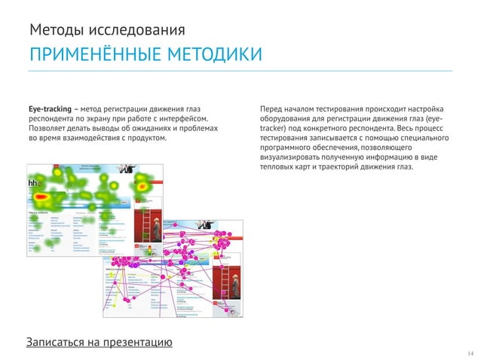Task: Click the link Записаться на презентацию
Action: [x=100, y=343]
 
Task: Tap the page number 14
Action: [x=470, y=353]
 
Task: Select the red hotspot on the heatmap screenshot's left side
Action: [x=44, y=200]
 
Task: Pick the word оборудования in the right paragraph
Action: [x=286, y=118]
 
